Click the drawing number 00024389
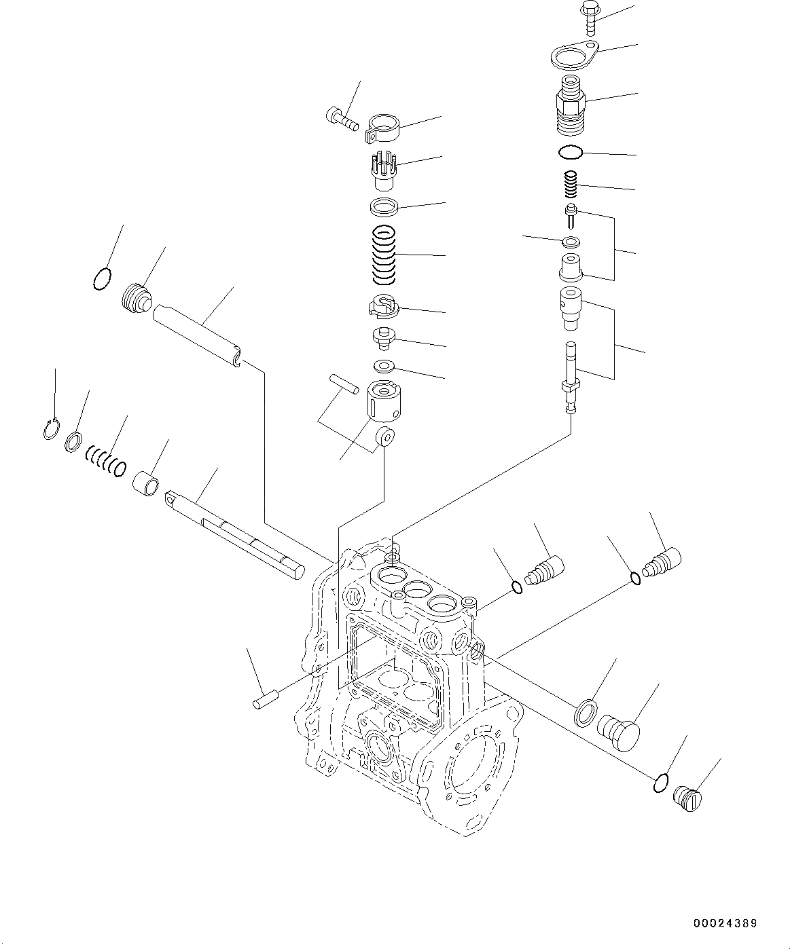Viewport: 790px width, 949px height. coord(724,923)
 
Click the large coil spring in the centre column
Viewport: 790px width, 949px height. coord(385,255)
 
